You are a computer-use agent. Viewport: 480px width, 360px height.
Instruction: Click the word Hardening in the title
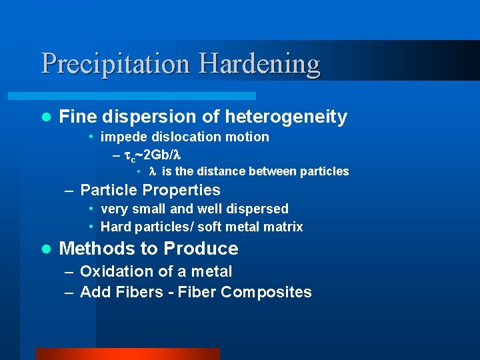(259, 65)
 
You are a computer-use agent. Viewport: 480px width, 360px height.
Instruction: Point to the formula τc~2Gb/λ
(153, 155)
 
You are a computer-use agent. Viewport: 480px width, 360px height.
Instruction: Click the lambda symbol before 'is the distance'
(152, 171)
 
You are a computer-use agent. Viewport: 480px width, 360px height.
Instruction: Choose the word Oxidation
(117, 271)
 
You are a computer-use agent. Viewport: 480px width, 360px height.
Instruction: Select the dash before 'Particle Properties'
(70, 191)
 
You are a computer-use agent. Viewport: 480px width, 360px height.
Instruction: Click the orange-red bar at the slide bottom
(127, 354)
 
